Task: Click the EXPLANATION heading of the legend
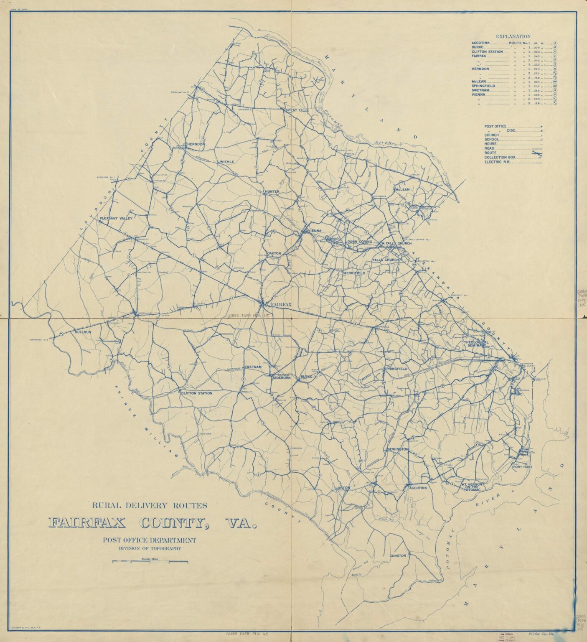pyautogui.click(x=513, y=36)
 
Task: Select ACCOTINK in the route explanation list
pyautogui.click(x=483, y=43)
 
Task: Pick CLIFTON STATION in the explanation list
pyautogui.click(x=487, y=52)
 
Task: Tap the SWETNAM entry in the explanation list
pyautogui.click(x=481, y=90)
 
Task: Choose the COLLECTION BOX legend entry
pyautogui.click(x=500, y=157)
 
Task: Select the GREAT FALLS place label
pyautogui.click(x=297, y=110)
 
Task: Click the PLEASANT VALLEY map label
pyautogui.click(x=116, y=219)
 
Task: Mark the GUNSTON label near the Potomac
pyautogui.click(x=397, y=555)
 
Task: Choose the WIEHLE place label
pyautogui.click(x=227, y=161)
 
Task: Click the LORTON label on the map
pyautogui.click(x=342, y=488)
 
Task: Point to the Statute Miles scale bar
pyautogui.click(x=150, y=561)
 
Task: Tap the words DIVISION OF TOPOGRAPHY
pyautogui.click(x=150, y=548)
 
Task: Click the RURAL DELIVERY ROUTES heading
pyautogui.click(x=150, y=505)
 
